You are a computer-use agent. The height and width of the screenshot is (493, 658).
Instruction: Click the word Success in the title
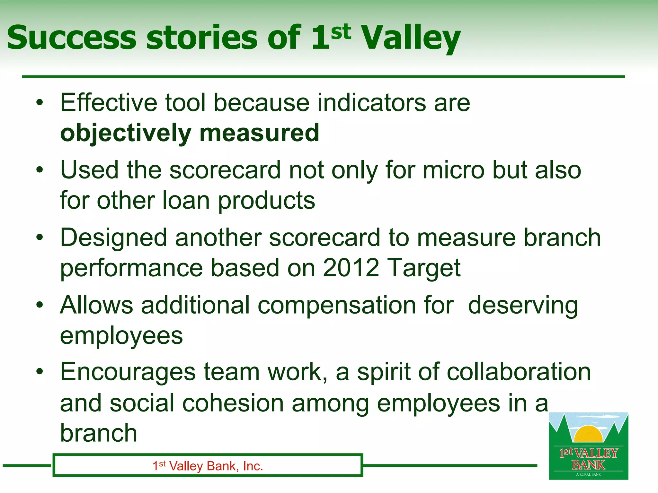pyautogui.click(x=71, y=38)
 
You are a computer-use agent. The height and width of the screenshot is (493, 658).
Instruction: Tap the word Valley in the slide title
pyautogui.click(x=411, y=38)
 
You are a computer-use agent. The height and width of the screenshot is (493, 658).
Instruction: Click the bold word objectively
pyautogui.click(x=126, y=133)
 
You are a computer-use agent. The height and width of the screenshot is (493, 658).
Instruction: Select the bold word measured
pyautogui.click(x=259, y=133)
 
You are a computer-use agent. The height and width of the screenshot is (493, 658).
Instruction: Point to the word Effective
pyautogui.click(x=109, y=103)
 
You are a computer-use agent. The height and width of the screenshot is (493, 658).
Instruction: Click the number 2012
pyautogui.click(x=351, y=268)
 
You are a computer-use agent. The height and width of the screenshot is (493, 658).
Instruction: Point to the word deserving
pyautogui.click(x=523, y=306)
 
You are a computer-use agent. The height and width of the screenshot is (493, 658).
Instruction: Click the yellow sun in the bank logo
pyautogui.click(x=588, y=434)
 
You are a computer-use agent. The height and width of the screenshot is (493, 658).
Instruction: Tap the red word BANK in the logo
pyautogui.click(x=588, y=464)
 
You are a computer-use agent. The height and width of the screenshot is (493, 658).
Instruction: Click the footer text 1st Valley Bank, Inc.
pyautogui.click(x=208, y=466)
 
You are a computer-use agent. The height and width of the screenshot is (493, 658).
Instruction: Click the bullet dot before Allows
pyautogui.click(x=40, y=305)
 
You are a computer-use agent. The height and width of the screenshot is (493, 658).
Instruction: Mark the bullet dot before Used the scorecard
pyautogui.click(x=40, y=169)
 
